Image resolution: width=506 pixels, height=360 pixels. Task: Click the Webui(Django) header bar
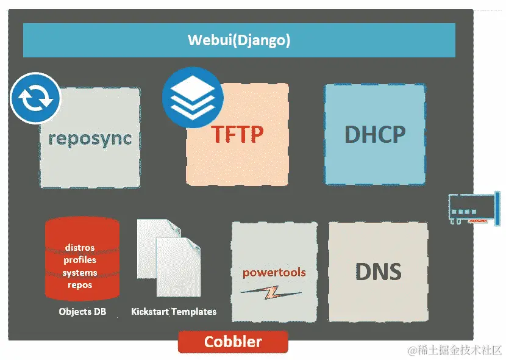238,40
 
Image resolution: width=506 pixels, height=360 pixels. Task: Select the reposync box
90,138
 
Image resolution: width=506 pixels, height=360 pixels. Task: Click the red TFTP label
238,134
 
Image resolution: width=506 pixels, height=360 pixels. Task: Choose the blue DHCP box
374,134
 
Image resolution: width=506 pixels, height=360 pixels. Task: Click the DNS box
378,271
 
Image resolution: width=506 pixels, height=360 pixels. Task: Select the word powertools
274,272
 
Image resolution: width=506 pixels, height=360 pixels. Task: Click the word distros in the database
80,248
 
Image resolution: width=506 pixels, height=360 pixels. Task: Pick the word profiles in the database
80,260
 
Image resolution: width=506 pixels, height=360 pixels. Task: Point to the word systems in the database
80,272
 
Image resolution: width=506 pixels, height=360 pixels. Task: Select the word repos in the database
80,284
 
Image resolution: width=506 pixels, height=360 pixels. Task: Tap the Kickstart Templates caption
174,312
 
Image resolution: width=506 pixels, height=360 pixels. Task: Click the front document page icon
179,268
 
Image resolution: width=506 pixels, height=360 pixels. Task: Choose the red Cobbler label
233,342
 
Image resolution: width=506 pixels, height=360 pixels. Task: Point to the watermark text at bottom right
455,350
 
